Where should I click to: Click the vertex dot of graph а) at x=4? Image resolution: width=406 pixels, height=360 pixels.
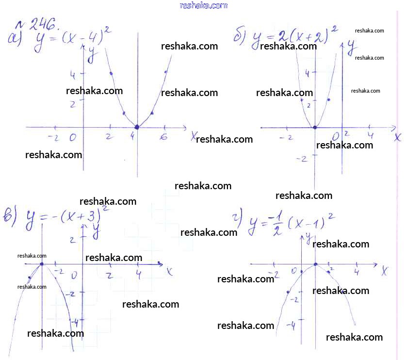[x=137, y=127]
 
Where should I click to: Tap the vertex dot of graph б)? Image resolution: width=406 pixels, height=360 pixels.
[x=314, y=128]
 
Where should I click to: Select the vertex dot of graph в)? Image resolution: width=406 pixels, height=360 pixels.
[x=42, y=264]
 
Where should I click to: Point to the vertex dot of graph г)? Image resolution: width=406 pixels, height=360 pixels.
[x=315, y=264]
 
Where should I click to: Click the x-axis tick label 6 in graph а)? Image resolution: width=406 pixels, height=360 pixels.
[x=164, y=137]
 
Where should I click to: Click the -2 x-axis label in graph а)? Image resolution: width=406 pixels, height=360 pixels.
[x=53, y=138]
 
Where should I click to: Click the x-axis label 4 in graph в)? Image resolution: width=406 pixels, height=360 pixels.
[x=139, y=275]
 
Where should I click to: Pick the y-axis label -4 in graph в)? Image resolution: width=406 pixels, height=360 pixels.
[x=74, y=321]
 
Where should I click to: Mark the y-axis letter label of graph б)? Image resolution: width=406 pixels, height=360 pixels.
[x=351, y=47]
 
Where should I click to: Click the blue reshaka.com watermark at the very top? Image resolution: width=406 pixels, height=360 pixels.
[x=203, y=5]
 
